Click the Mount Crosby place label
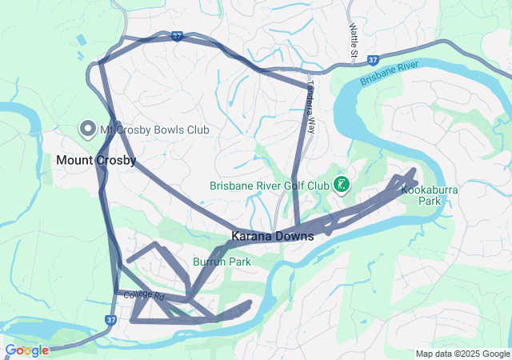[96, 160]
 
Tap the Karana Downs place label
[272, 237]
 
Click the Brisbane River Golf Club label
[270, 186]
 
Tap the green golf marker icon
[342, 185]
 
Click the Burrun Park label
[222, 262]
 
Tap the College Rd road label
[144, 296]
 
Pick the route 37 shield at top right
[374, 60]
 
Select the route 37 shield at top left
[178, 36]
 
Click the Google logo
[26, 350]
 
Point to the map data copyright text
[462, 354]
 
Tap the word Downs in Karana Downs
[294, 237]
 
